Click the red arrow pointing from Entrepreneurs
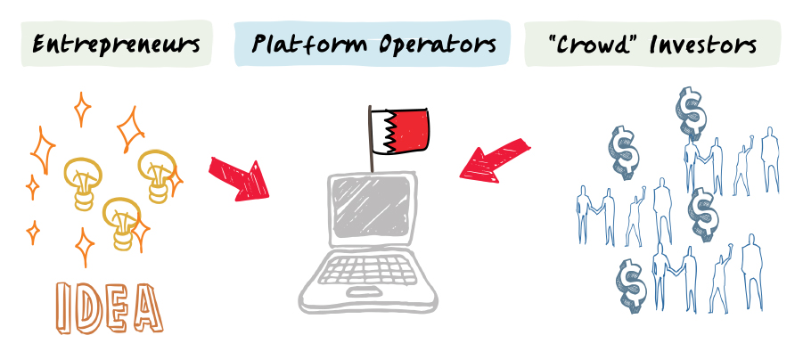click(x=239, y=176)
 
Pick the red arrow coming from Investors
click(x=495, y=160)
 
